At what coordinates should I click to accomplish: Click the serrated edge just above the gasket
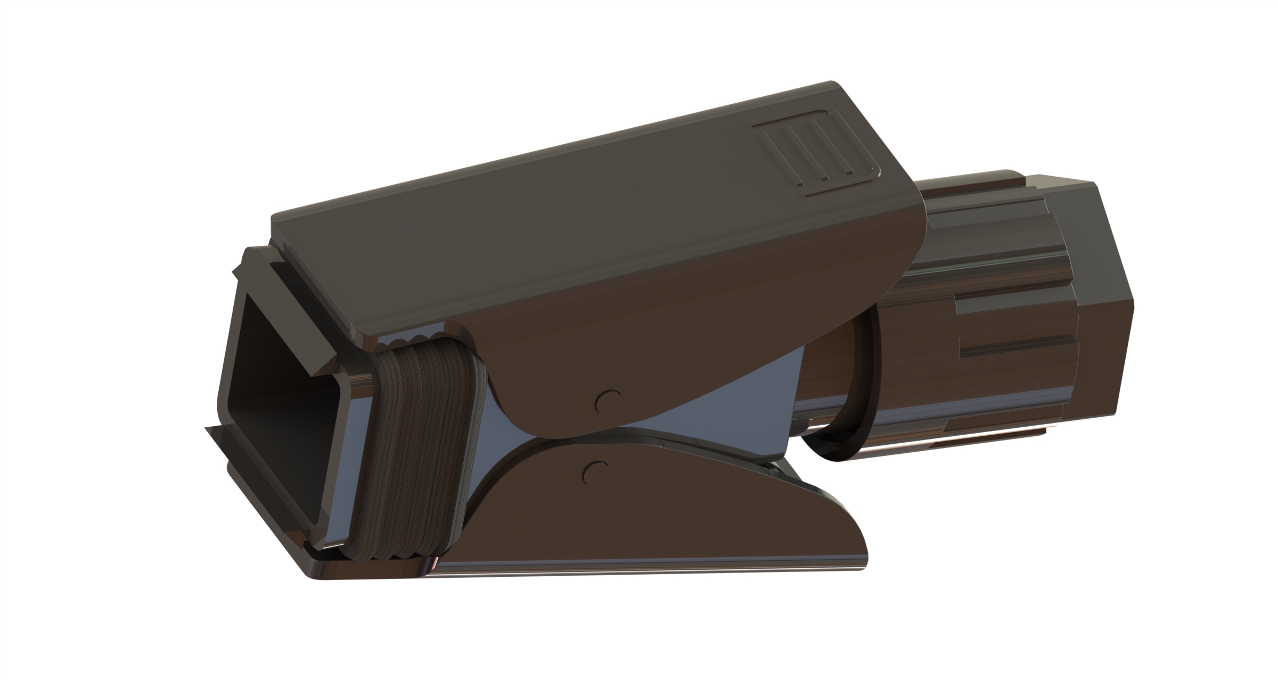[x=415, y=341]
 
